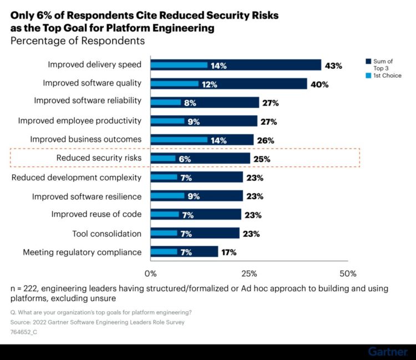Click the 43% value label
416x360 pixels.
(x=333, y=65)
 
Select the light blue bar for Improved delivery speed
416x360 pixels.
(x=179, y=65)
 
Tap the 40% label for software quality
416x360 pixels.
(x=319, y=84)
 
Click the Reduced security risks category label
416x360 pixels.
(x=99, y=159)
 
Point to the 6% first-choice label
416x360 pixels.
(x=184, y=159)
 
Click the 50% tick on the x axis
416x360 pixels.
(x=348, y=273)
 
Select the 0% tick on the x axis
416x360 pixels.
(x=150, y=273)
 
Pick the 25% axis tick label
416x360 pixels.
(x=249, y=273)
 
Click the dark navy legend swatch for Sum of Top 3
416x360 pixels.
(x=368, y=61)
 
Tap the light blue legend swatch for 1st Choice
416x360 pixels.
(x=368, y=75)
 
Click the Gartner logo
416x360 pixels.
(x=387, y=352)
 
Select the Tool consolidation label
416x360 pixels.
(x=106, y=234)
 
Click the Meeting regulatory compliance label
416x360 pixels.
(x=82, y=252)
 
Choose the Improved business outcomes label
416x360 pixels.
(x=86, y=140)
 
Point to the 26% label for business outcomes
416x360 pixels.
(x=266, y=140)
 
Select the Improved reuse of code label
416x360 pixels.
(x=97, y=215)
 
